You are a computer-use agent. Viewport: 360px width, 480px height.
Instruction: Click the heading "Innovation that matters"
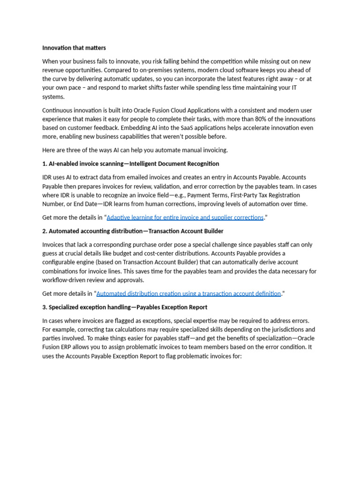[x=74, y=48]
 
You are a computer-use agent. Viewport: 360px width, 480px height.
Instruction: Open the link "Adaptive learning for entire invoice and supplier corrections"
[x=185, y=217]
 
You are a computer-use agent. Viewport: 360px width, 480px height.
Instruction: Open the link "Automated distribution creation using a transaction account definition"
[x=188, y=293]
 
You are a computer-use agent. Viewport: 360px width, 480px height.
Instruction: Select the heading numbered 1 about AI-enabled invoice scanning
[x=131, y=164]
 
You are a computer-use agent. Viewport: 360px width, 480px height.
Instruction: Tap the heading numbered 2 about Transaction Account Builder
[x=133, y=231]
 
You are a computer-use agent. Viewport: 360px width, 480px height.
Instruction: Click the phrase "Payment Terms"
[x=206, y=195]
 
